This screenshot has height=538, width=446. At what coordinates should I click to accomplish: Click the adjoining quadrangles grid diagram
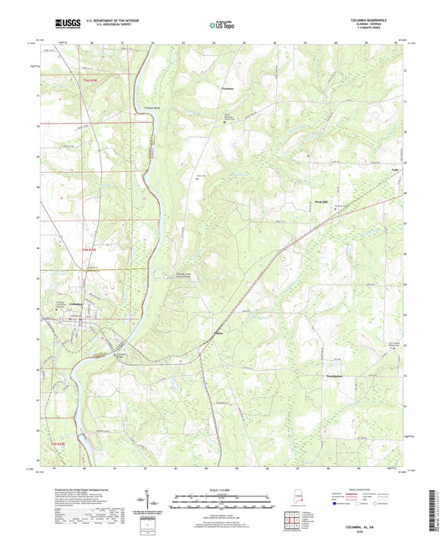[291, 515]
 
